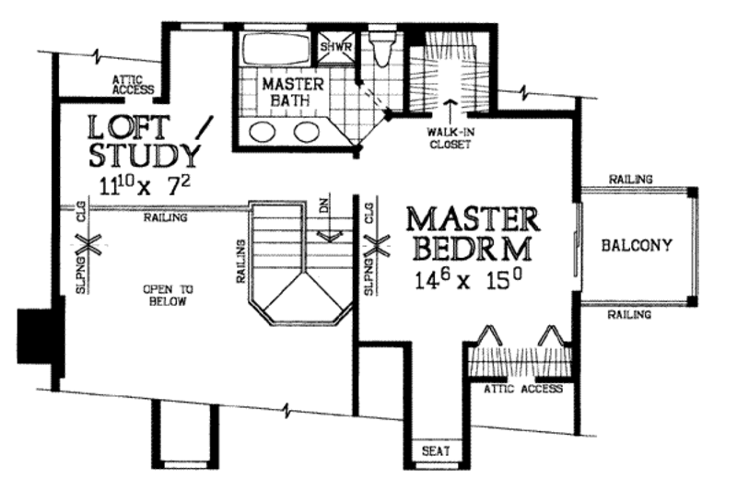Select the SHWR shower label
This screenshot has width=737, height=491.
[332, 44]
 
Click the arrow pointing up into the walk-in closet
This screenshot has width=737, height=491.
[450, 111]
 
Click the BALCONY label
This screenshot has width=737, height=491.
[636, 245]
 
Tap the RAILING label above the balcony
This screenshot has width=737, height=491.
[630, 179]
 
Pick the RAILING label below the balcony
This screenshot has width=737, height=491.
[630, 314]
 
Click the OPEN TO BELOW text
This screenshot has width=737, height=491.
[167, 295]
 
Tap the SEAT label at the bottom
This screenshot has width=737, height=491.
[434, 451]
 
